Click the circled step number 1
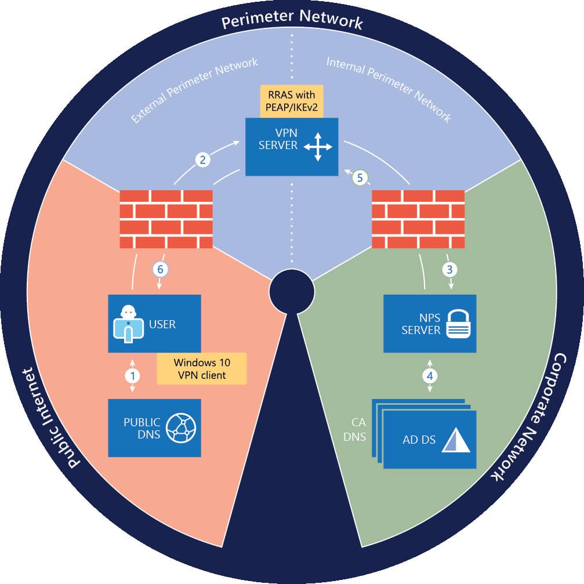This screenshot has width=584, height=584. [133, 375]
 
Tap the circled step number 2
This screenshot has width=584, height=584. [203, 160]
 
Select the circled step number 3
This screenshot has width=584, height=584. [449, 269]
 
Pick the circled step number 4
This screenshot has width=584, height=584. [430, 375]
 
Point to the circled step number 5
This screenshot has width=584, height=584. [360, 178]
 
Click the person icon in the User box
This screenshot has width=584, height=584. [127, 323]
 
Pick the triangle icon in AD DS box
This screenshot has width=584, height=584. [455, 440]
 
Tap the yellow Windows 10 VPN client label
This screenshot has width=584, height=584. [202, 368]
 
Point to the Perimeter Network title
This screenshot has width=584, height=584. [292, 22]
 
